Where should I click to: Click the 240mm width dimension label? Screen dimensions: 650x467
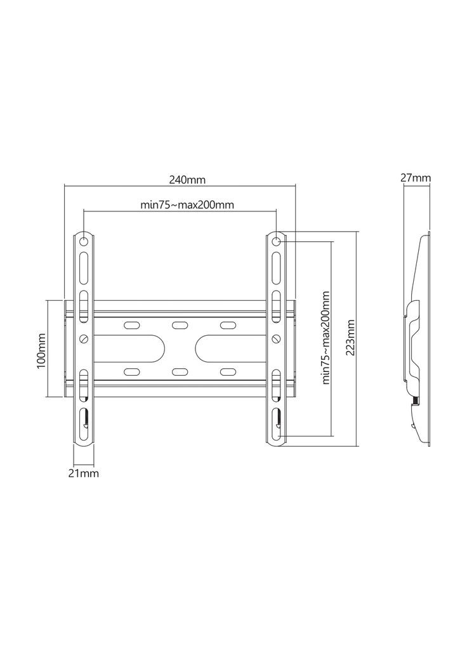tap(187, 180)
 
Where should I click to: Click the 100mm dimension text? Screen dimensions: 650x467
tap(42, 350)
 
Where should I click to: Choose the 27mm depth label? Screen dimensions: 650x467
tap(416, 178)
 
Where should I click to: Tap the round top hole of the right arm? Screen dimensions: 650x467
tap(277, 241)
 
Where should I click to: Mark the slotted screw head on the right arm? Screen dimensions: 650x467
tap(277, 338)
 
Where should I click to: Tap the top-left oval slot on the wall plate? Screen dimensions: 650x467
tap(131, 326)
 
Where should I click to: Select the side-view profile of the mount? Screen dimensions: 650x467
tap(419, 340)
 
